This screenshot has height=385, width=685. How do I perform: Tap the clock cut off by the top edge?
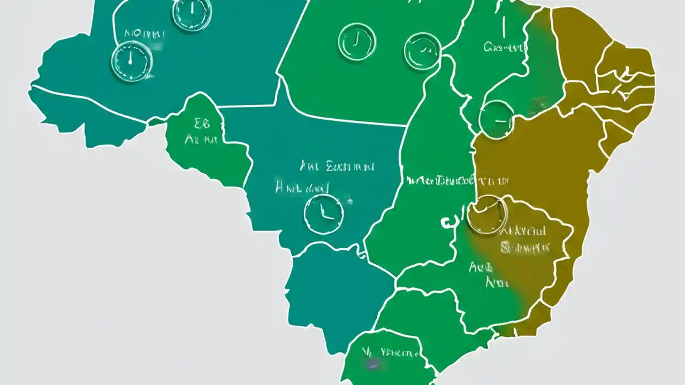(x=192, y=12)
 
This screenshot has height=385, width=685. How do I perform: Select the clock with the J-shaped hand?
(x=357, y=42)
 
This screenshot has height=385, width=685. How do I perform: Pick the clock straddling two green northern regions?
(x=422, y=51)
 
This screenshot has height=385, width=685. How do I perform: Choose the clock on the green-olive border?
(x=496, y=120)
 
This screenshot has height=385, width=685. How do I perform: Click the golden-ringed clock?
(x=486, y=215)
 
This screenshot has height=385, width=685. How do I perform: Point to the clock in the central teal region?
(x=323, y=214)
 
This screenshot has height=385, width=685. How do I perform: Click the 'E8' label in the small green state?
(x=202, y=125)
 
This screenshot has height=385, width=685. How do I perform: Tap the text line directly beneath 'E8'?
(x=201, y=140)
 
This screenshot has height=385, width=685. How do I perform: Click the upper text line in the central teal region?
(x=337, y=167)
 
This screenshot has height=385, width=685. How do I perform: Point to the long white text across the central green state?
(x=440, y=180)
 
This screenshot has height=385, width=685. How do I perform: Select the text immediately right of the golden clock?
(x=524, y=231)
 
